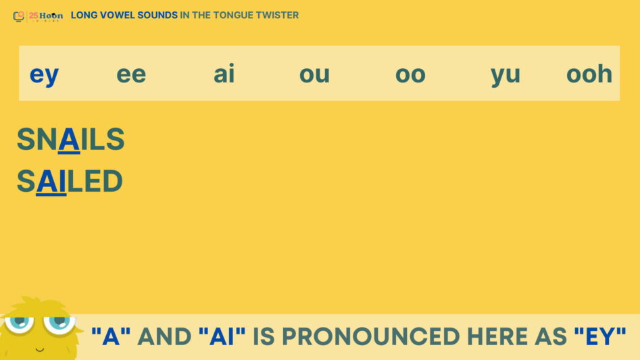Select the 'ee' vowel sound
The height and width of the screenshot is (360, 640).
[x=131, y=74]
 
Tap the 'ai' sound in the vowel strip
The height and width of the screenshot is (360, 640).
[x=224, y=74]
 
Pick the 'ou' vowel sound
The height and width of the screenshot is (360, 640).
[x=314, y=74]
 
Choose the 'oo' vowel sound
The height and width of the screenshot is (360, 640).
[x=410, y=74]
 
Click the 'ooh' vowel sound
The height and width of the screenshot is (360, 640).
[x=589, y=74]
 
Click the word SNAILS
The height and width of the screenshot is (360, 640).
[x=70, y=139]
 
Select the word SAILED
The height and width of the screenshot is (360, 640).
[x=70, y=181]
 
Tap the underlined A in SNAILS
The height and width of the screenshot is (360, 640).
[x=69, y=140]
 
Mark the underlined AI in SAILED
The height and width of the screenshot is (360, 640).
[x=51, y=182]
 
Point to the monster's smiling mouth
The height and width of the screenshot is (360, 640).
[x=40, y=349]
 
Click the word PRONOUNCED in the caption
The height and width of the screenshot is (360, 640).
[x=371, y=337]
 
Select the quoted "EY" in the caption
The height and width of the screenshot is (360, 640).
[x=600, y=336]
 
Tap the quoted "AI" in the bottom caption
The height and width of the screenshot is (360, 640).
[x=222, y=336]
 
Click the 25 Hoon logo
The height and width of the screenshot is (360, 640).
[x=38, y=16]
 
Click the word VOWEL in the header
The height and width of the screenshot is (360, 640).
[x=118, y=15]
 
